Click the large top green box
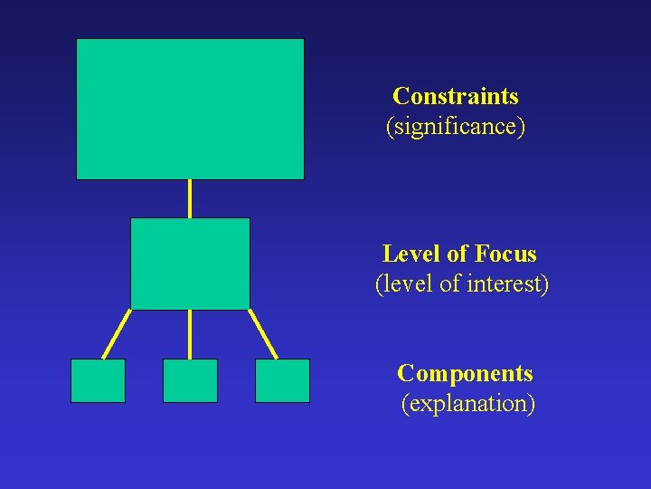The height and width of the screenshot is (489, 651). pyautogui.click(x=190, y=109)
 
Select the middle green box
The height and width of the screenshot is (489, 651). pyautogui.click(x=190, y=264)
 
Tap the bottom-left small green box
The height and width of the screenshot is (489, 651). pyautogui.click(x=98, y=380)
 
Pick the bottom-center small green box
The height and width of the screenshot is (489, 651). pyautogui.click(x=190, y=380)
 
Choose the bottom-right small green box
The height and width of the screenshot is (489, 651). pyautogui.click(x=282, y=380)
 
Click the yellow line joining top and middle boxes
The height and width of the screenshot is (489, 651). pyautogui.click(x=190, y=198)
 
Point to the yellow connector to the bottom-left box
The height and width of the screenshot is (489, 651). pyautogui.click(x=117, y=334)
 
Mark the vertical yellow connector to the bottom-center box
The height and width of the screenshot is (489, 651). pyautogui.click(x=190, y=334)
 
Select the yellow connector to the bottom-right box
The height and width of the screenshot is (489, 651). pyautogui.click(x=263, y=334)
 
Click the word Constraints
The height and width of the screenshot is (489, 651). pyautogui.click(x=456, y=96)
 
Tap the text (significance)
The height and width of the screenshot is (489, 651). pyautogui.click(x=456, y=126)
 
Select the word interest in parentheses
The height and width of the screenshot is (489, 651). pyautogui.click(x=507, y=283)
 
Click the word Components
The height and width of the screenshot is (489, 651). pyautogui.click(x=465, y=373)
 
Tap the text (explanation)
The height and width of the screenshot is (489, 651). pyautogui.click(x=467, y=403)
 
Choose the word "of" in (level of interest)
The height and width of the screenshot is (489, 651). pyautogui.click(x=449, y=283)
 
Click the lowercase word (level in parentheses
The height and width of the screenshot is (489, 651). pyautogui.click(x=404, y=283)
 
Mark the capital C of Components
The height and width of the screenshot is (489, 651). pyautogui.click(x=405, y=373)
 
